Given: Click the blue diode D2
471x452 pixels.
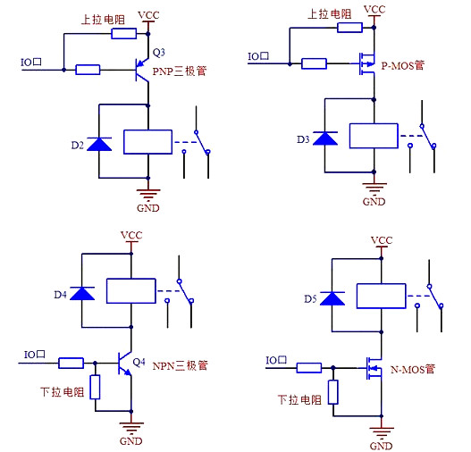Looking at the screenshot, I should click(x=97, y=143).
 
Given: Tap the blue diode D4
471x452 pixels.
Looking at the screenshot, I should click(x=82, y=292).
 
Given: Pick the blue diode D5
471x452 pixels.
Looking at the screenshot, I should click(x=333, y=298).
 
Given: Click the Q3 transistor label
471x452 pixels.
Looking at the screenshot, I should click(x=159, y=52).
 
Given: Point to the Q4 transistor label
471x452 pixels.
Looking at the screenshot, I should click(x=139, y=362).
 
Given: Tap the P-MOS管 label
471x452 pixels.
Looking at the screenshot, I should click(x=402, y=65).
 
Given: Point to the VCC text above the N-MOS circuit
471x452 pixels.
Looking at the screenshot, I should click(x=382, y=240).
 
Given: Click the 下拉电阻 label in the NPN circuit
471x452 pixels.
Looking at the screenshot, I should click(x=62, y=391).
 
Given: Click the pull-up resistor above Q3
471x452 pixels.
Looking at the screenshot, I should click(x=123, y=34).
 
